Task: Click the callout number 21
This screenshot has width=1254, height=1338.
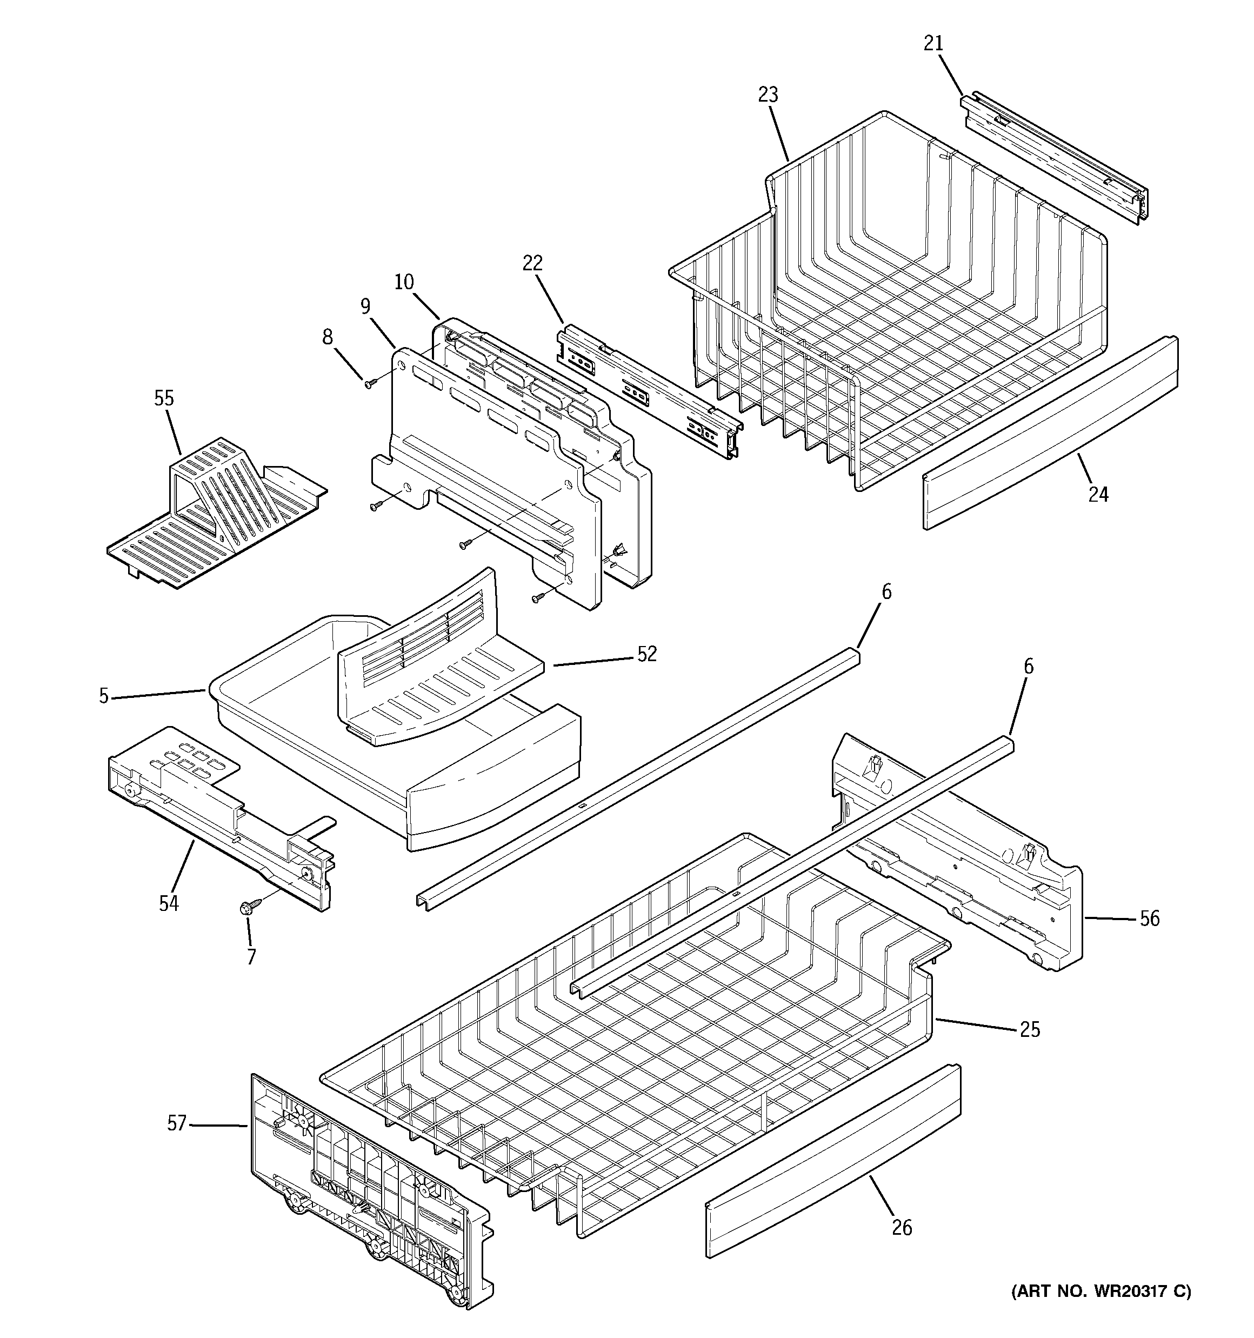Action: click(x=933, y=43)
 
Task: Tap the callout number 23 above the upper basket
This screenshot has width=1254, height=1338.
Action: click(x=768, y=95)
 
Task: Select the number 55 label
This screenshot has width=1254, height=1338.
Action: click(x=164, y=398)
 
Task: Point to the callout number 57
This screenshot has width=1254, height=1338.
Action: click(x=176, y=1123)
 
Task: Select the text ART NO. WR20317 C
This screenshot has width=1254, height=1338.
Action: click(x=1100, y=1291)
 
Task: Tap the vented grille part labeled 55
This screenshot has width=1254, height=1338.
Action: click(x=215, y=511)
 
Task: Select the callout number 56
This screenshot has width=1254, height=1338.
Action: click(x=1149, y=918)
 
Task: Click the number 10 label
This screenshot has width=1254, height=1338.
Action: click(x=404, y=282)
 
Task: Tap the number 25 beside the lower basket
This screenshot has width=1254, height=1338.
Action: click(x=1029, y=1029)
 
